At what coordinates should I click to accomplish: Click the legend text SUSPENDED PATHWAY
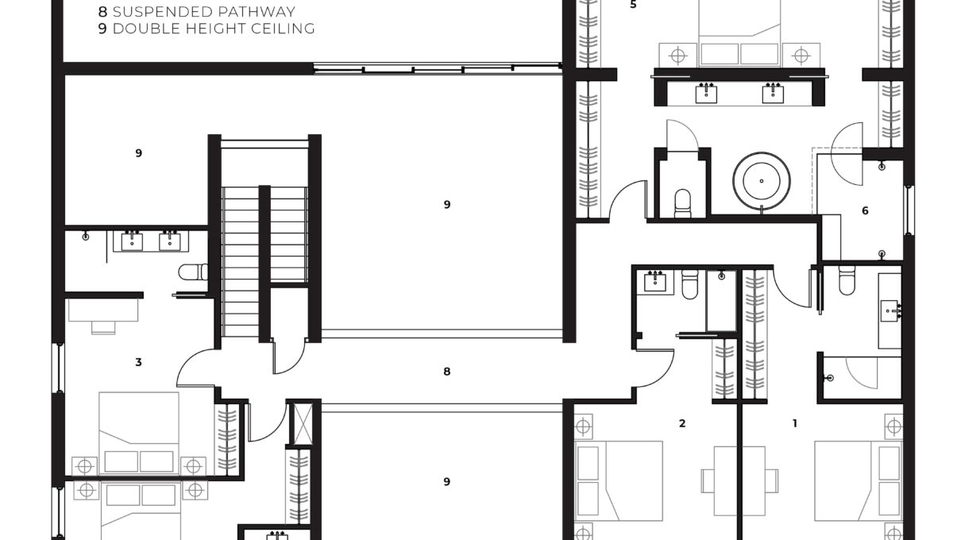[x=204, y=12]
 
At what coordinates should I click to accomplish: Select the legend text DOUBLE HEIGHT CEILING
[x=214, y=29]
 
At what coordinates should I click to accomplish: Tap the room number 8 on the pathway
[x=446, y=372]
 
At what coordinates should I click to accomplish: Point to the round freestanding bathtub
[x=761, y=181]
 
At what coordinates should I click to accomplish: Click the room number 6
[x=865, y=210]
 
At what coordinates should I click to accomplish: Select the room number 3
[x=138, y=362]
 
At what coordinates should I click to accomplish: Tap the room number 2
[x=682, y=423]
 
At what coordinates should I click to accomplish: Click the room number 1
[x=794, y=423]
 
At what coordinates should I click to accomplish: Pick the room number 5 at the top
[x=633, y=5]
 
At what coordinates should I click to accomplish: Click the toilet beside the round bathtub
[x=683, y=202]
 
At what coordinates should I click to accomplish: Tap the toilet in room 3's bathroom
[x=193, y=272]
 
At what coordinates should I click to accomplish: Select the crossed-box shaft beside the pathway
[x=303, y=424]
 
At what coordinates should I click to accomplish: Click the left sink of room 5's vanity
[x=706, y=94]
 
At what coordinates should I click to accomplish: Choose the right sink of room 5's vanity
[x=773, y=94]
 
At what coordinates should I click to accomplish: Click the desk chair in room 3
[x=103, y=327]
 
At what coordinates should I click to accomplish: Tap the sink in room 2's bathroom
[x=655, y=281]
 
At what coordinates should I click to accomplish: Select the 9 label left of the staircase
[x=138, y=153]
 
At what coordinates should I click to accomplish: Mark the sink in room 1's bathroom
[x=890, y=310]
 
